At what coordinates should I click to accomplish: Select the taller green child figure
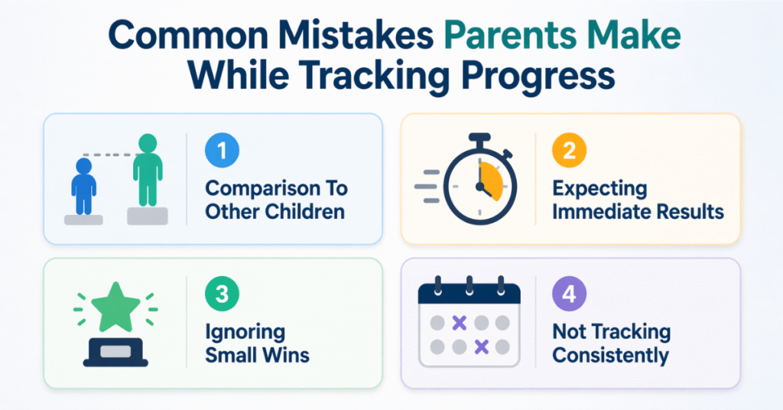click(147, 172)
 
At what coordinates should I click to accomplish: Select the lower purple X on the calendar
click(481, 347)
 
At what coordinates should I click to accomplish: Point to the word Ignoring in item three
click(245, 333)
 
